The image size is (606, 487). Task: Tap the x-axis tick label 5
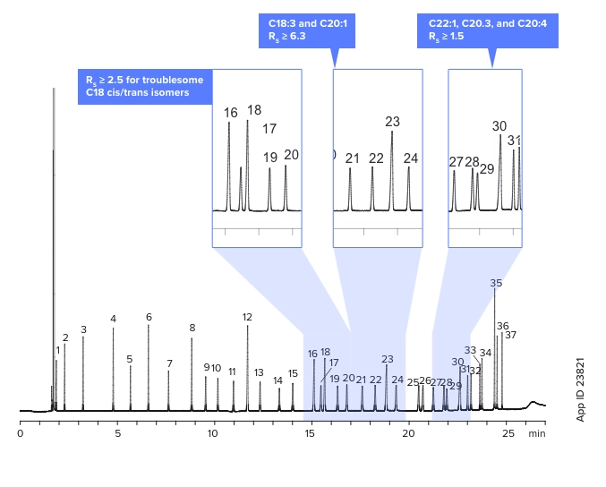point(116,433)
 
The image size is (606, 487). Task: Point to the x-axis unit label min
point(536,433)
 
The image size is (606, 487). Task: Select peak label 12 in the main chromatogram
point(247,317)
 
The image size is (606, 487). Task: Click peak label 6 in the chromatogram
point(149,317)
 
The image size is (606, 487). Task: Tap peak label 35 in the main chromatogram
point(496,283)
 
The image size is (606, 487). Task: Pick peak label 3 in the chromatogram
point(83,329)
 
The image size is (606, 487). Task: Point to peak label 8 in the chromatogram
point(192,328)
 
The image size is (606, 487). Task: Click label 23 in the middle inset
point(392,122)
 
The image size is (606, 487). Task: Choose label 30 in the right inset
point(499,126)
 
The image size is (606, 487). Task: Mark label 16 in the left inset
point(231,113)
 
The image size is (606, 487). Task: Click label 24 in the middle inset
point(411,158)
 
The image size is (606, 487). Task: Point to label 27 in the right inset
point(457,162)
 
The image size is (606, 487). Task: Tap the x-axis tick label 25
point(508,433)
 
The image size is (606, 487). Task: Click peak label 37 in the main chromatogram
point(510,335)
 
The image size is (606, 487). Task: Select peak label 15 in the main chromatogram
point(293,373)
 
